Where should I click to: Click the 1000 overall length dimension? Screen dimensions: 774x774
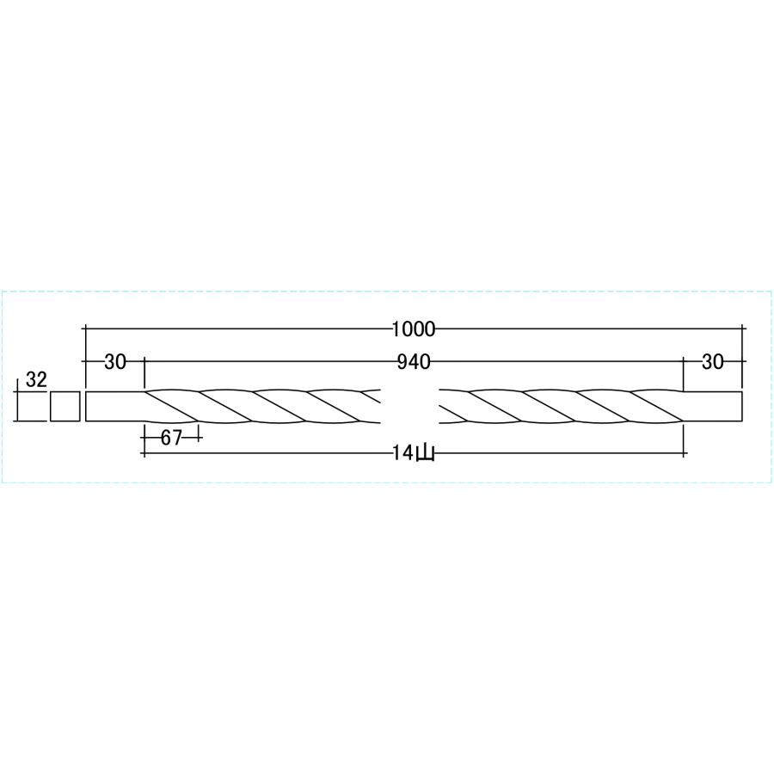(414, 329)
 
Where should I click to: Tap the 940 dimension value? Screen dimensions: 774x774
(414, 362)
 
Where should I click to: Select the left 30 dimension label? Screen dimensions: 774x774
(115, 362)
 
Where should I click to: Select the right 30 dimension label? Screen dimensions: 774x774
(712, 362)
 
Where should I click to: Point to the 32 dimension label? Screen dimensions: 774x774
(36, 379)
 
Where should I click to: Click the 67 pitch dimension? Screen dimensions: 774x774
(171, 438)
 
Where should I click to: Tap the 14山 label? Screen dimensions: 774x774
(414, 453)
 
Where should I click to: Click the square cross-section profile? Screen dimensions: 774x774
(64, 407)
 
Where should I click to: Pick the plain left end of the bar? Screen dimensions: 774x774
(115, 407)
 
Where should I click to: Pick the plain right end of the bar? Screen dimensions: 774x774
(712, 407)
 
